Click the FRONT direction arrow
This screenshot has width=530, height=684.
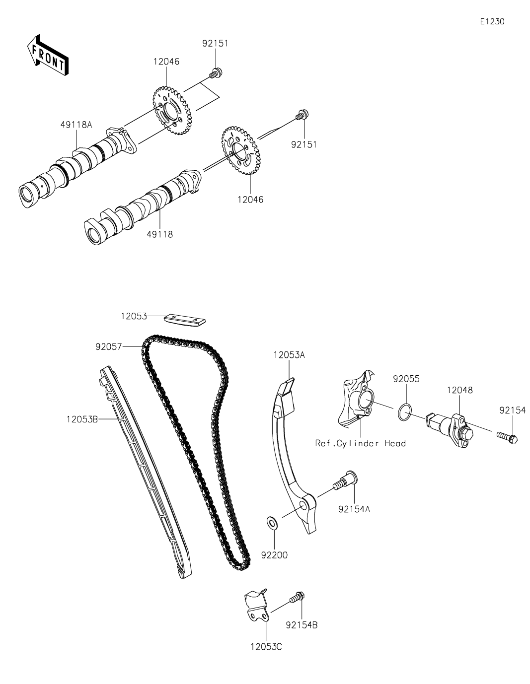(47, 56)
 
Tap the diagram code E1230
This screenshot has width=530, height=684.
(492, 21)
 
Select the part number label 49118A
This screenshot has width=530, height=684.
(76, 125)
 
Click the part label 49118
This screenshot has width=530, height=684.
(159, 234)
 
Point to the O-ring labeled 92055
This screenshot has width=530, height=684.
(405, 412)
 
